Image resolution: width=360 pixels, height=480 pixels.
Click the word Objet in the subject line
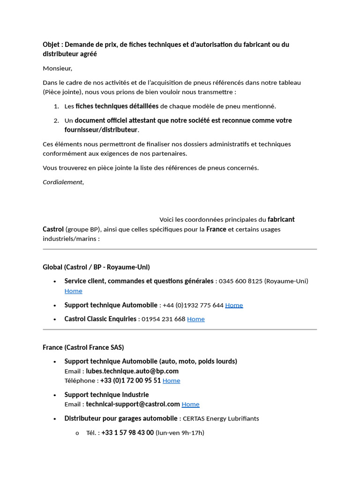[51, 45]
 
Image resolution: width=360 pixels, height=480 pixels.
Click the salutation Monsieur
[57, 68]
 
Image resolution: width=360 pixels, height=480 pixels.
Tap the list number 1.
[56, 106]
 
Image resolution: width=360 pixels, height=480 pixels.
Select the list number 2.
[56, 120]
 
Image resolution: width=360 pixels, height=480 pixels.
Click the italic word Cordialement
[62, 182]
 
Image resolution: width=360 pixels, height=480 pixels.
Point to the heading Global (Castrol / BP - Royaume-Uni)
[96, 267]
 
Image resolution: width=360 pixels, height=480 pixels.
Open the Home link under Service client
[73, 291]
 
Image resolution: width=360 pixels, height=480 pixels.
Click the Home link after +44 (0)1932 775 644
[234, 305]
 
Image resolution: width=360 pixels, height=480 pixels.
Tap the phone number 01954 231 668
[164, 319]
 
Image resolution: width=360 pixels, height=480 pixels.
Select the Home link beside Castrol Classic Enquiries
[196, 319]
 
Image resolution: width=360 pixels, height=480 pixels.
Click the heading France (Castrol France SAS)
[83, 347]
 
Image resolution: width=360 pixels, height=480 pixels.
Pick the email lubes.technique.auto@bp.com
[132, 371]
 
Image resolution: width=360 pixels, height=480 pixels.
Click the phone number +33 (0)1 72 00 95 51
[130, 381]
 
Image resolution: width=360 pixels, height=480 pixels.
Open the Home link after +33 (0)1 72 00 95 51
[171, 381]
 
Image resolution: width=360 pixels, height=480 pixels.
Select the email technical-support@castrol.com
[133, 404]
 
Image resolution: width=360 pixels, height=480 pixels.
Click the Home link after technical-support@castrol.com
[190, 405]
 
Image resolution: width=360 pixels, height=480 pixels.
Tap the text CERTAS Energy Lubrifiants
[221, 419]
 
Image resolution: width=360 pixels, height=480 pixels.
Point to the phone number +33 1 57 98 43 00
[127, 433]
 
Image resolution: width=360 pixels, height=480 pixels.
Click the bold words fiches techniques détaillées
[117, 106]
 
